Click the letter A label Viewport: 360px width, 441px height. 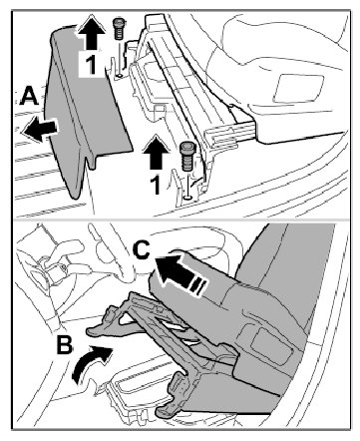coord(30,96)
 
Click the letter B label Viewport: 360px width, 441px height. coord(65,344)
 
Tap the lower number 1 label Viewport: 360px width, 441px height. coord(156,185)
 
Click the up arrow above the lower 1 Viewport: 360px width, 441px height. coord(156,153)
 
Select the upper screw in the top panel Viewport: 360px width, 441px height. coord(118,29)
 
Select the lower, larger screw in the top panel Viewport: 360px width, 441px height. coord(187,156)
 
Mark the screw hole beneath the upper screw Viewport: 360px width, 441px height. coord(119,76)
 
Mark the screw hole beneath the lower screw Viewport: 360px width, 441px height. coord(188,198)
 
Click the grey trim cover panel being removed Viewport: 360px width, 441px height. coord(85,110)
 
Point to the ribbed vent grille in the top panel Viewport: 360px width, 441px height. coord(222,136)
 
